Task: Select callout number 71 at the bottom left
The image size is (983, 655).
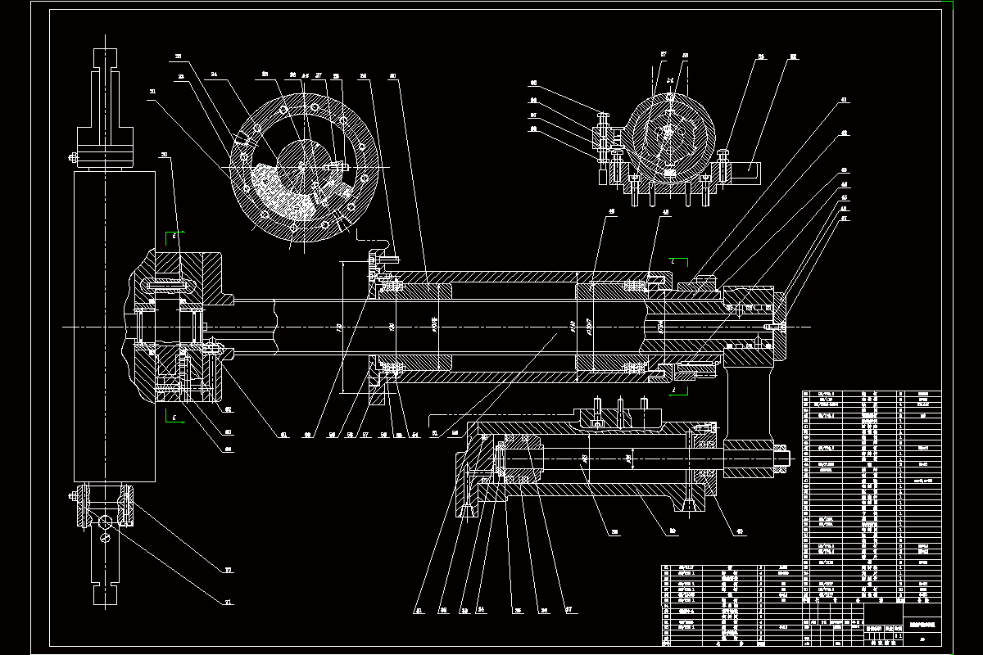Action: [229, 603]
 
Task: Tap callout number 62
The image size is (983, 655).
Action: [229, 409]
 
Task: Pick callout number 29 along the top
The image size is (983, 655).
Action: [363, 76]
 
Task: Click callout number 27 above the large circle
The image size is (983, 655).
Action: [319, 76]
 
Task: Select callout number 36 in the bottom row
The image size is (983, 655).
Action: [542, 610]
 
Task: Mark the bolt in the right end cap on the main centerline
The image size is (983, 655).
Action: [776, 327]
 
